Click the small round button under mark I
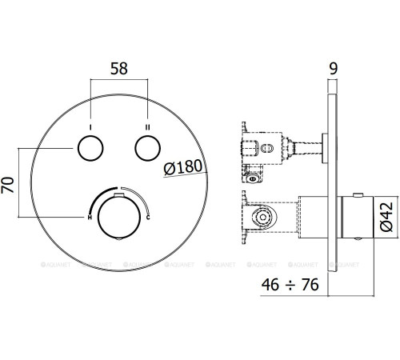point(90,148)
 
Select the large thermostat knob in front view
point(120,213)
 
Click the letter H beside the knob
point(90,217)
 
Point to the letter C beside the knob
point(150,217)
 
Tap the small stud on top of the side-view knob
point(358,195)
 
